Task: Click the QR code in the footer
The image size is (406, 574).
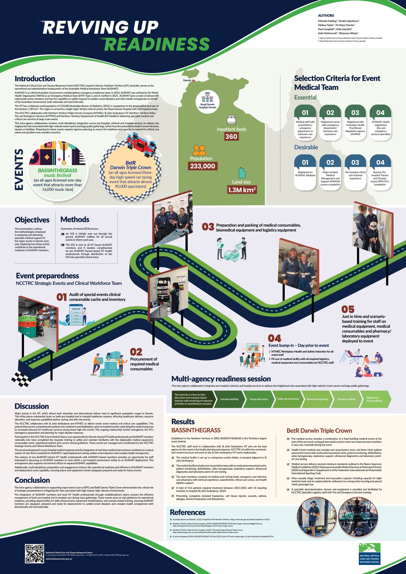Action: (x=35, y=554)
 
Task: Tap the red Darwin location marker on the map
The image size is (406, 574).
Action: (x=193, y=80)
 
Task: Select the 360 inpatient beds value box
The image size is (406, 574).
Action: (x=231, y=137)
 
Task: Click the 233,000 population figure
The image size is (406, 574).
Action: (x=202, y=166)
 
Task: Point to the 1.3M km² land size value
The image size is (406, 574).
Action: (x=242, y=190)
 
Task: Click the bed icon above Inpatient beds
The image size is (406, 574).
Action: (x=231, y=120)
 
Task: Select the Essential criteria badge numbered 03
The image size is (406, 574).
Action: (x=355, y=113)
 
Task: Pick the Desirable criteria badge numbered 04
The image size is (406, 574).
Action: (x=380, y=163)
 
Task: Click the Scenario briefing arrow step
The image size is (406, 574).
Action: (x=229, y=399)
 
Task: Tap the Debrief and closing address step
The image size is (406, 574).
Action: (x=374, y=399)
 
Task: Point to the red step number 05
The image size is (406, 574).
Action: (x=348, y=309)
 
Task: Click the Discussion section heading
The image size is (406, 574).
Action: (x=32, y=406)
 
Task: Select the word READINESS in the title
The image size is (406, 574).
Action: (x=156, y=44)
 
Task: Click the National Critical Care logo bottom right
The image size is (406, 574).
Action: (x=369, y=554)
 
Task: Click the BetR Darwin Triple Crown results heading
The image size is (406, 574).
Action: (x=319, y=430)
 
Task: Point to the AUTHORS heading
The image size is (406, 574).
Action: (x=326, y=15)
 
